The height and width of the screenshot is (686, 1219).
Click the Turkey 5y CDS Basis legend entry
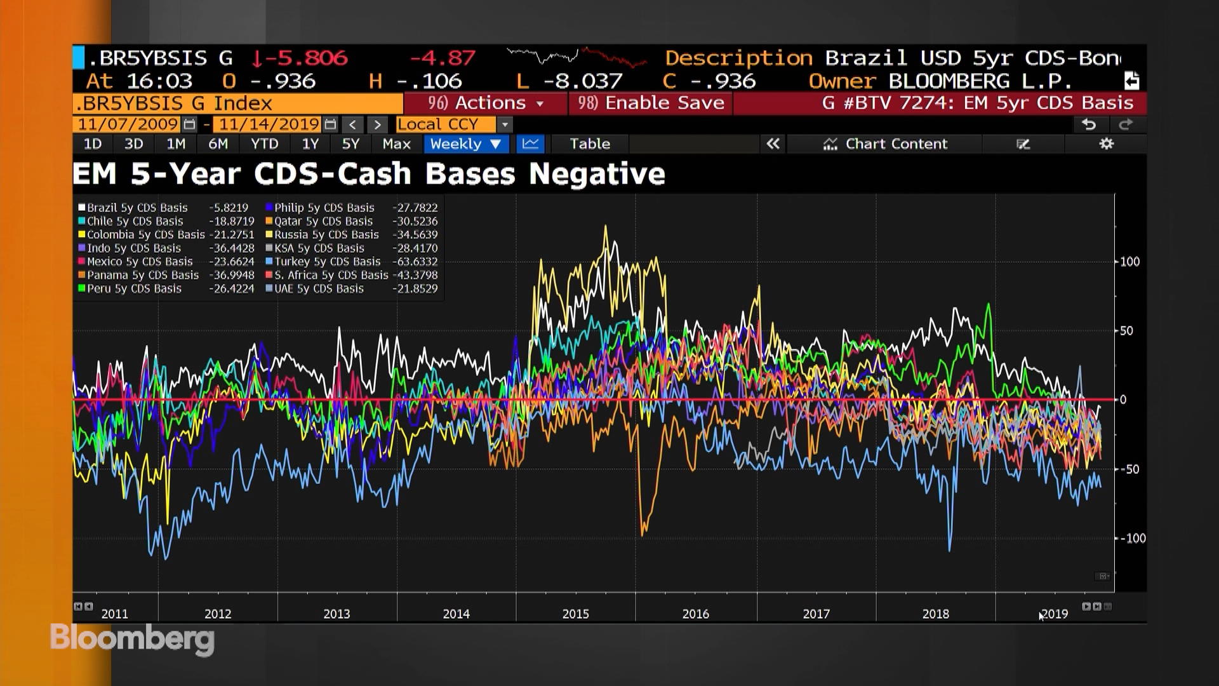[x=327, y=262]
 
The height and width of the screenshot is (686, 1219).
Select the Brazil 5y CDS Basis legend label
[x=137, y=208]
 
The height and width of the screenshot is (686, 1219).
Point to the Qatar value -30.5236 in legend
[x=415, y=222]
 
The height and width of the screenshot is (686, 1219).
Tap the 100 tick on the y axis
[x=1129, y=262]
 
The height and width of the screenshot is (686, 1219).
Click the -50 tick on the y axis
[x=1128, y=469]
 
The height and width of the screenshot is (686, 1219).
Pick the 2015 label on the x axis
[x=575, y=614]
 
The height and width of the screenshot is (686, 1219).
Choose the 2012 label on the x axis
[x=218, y=614]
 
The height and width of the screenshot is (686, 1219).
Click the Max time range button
[x=396, y=144]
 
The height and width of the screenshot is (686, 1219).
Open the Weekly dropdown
[x=465, y=144]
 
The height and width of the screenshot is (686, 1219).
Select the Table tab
[x=589, y=144]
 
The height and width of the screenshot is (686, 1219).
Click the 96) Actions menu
[x=486, y=103]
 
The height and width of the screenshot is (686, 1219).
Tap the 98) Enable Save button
[x=651, y=103]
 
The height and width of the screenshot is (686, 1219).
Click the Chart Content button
[x=885, y=144]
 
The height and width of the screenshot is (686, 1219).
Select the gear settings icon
[x=1106, y=144]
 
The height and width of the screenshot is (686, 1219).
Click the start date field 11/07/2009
[x=128, y=124]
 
